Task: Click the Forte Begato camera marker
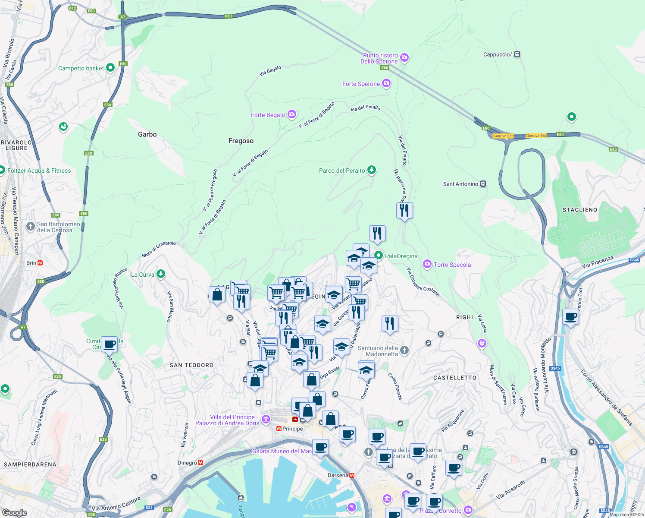click(x=292, y=114)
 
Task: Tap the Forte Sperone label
click(x=361, y=84)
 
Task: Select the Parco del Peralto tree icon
click(x=371, y=170)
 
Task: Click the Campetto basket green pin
click(x=110, y=68)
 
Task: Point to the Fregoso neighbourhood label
click(x=241, y=141)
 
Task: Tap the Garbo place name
click(x=147, y=134)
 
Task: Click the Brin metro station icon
click(x=40, y=263)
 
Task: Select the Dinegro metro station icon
click(x=200, y=463)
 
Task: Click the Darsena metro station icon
click(x=352, y=475)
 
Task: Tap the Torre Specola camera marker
click(x=427, y=264)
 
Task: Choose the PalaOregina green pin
click(x=379, y=256)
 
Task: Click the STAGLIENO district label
click(x=580, y=210)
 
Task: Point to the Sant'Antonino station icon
click(x=483, y=184)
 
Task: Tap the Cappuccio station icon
click(x=517, y=54)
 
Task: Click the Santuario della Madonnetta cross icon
click(x=404, y=350)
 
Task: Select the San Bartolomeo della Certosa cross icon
click(x=31, y=226)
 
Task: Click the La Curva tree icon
click(x=160, y=274)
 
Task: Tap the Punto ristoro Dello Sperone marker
click(x=404, y=57)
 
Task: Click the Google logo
click(x=14, y=512)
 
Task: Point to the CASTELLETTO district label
click(x=455, y=378)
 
